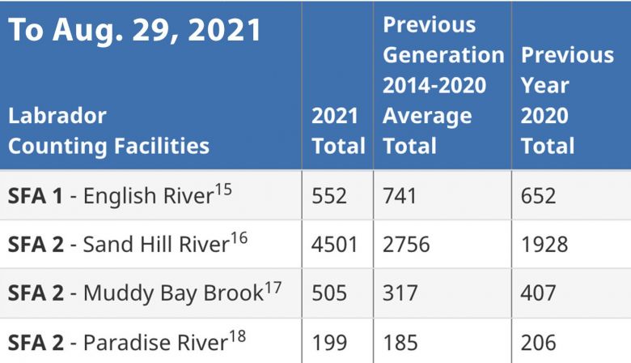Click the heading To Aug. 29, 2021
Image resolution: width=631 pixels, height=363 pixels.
coord(135,31)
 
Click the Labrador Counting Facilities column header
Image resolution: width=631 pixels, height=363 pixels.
coord(108,131)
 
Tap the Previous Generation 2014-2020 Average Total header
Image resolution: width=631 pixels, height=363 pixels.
coord(443,85)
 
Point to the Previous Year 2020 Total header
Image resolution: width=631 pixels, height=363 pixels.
coord(567,100)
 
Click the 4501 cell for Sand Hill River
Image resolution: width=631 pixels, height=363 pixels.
coord(335,245)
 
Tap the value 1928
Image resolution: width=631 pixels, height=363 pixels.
coord(544,245)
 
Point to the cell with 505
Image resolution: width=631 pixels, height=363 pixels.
coord(329,293)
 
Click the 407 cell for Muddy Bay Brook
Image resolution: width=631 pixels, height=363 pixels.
coord(539,293)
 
